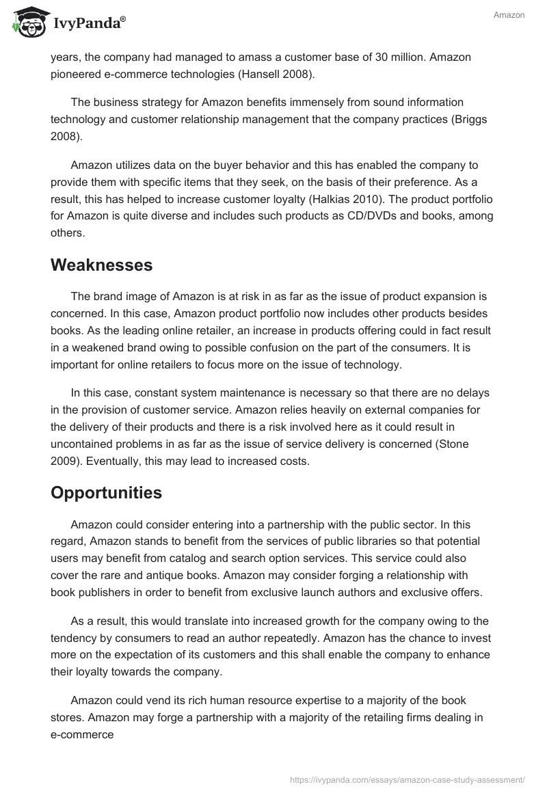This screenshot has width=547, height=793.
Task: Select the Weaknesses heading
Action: coord(101,265)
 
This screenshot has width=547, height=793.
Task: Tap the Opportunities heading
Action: coord(106,492)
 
